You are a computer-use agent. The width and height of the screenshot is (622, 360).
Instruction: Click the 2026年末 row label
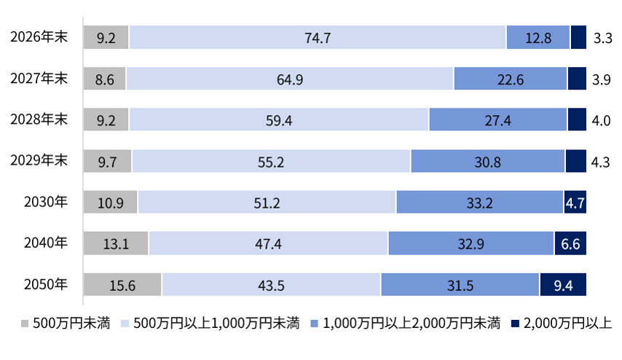click(39, 37)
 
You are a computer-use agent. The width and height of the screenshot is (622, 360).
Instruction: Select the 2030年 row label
click(46, 202)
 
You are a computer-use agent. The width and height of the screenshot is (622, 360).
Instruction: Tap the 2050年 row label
click(46, 285)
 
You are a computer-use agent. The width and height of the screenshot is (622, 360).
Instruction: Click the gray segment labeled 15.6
click(122, 285)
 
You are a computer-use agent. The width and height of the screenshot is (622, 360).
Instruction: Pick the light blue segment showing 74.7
click(318, 37)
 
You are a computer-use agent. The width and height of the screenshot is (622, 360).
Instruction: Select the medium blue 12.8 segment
click(538, 37)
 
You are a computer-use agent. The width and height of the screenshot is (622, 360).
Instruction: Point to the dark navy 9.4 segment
click(563, 285)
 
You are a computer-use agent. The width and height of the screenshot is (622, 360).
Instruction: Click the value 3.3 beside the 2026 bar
click(602, 38)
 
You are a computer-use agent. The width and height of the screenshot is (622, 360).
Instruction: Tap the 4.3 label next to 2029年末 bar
click(600, 162)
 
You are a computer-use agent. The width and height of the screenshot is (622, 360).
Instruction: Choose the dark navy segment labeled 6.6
click(570, 243)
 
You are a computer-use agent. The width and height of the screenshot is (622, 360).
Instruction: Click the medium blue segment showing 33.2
click(479, 202)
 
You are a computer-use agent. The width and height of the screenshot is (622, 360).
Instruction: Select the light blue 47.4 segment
click(268, 243)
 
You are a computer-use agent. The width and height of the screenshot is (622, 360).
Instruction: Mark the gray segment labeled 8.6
click(104, 79)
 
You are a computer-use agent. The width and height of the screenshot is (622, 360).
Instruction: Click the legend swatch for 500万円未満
click(25, 324)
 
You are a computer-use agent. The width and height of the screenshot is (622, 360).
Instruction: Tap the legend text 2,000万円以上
click(567, 324)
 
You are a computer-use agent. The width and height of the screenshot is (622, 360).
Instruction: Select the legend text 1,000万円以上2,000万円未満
click(412, 324)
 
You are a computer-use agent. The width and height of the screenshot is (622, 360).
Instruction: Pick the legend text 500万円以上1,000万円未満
click(216, 324)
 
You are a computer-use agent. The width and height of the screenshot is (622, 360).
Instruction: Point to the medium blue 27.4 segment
click(498, 120)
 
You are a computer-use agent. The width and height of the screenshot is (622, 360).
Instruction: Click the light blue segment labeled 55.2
click(271, 161)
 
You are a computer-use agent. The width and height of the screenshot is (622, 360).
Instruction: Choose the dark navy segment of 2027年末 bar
click(577, 79)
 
